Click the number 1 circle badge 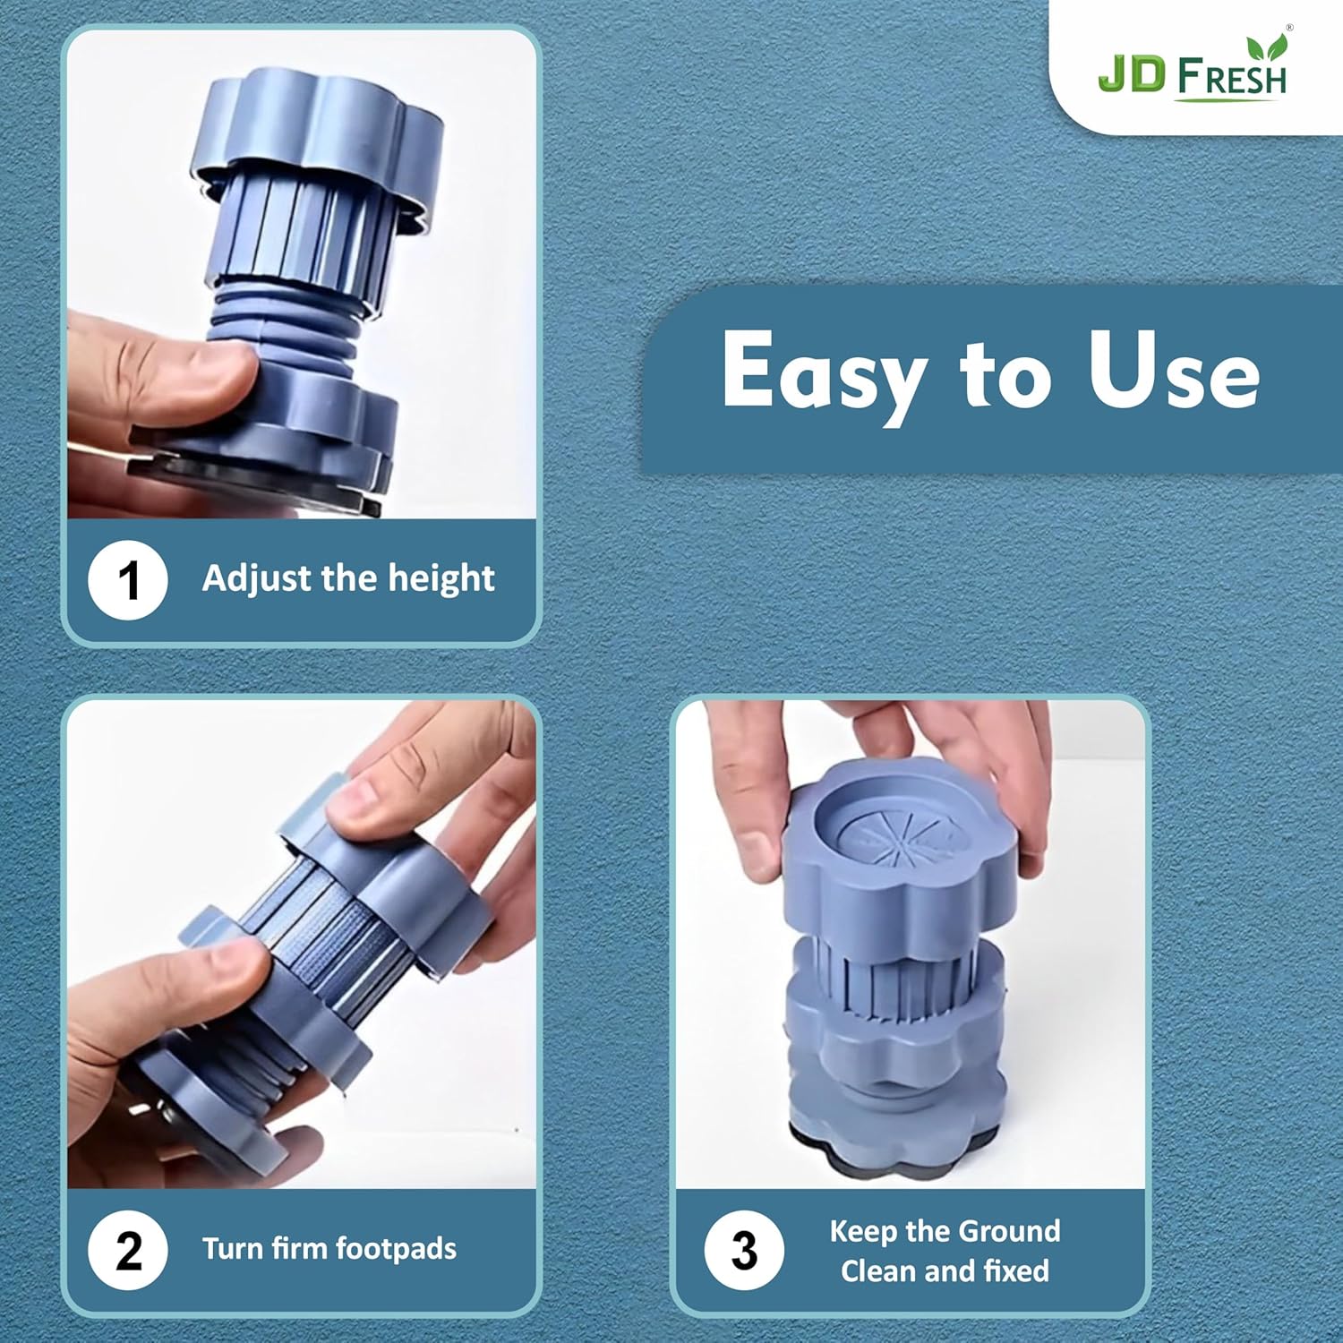tap(128, 580)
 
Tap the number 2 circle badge tap(128, 1250)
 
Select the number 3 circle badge tap(743, 1250)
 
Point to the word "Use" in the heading tap(1174, 371)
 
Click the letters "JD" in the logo tap(1131, 75)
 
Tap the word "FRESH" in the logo tap(1232, 78)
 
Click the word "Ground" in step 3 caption tap(1016, 1231)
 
